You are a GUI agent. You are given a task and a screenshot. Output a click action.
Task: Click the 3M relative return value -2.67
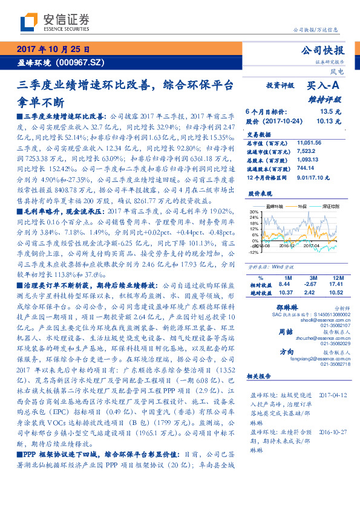[310, 284]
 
